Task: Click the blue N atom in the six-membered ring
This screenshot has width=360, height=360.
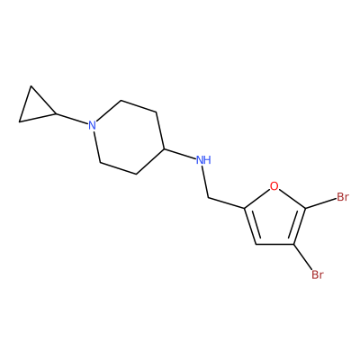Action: [93, 125]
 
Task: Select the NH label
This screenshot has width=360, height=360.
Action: [203, 160]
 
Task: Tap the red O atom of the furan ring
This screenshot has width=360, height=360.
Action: [274, 186]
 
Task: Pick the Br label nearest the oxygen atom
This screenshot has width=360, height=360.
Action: [343, 197]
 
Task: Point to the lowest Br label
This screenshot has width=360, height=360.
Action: [318, 274]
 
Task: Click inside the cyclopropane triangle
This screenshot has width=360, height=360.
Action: [34, 109]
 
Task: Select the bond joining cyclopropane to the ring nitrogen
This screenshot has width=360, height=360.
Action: [72, 119]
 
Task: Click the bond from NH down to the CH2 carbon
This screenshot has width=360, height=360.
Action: [205, 182]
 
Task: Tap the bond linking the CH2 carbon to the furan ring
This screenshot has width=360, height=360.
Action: [227, 202]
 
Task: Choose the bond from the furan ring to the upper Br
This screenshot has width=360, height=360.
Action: [320, 203]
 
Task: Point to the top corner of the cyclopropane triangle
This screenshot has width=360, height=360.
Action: [31, 86]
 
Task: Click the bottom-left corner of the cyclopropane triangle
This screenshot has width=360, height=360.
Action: [19, 121]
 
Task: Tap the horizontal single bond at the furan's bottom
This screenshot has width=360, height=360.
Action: [274, 245]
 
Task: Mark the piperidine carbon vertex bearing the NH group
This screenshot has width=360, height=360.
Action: [164, 148]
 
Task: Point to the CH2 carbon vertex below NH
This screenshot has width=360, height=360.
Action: [208, 198]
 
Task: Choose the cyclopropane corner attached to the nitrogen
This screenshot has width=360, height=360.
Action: [56, 113]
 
